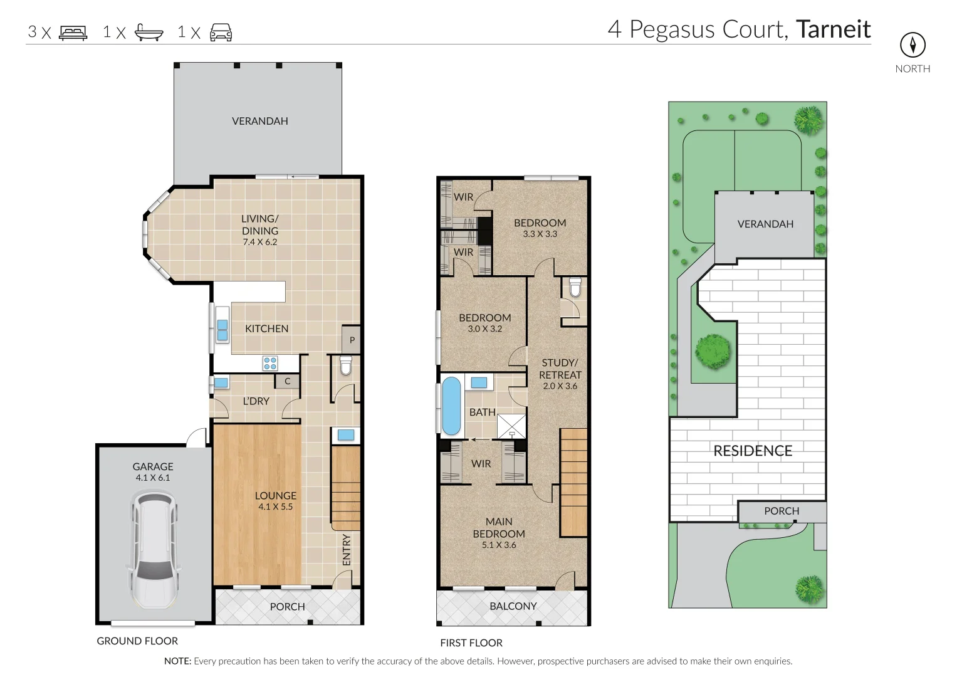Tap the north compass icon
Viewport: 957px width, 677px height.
913,45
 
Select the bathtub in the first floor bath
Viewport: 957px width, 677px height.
451,406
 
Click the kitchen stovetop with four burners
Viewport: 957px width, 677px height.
270,363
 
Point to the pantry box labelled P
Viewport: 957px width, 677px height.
352,340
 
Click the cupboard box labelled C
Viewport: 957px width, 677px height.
288,381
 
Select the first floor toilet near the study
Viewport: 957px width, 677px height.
575,288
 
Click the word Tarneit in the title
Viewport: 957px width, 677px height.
833,29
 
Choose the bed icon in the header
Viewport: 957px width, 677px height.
73,33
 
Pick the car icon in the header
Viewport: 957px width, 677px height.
221,33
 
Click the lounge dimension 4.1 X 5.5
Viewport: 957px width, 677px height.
275,506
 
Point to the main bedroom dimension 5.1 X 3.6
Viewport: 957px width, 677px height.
499,545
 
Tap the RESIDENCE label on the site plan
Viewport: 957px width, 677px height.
753,451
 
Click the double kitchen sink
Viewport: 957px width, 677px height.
222,330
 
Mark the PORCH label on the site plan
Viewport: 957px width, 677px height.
782,511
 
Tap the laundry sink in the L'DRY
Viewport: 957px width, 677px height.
221,382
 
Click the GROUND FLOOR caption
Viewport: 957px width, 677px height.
137,641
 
